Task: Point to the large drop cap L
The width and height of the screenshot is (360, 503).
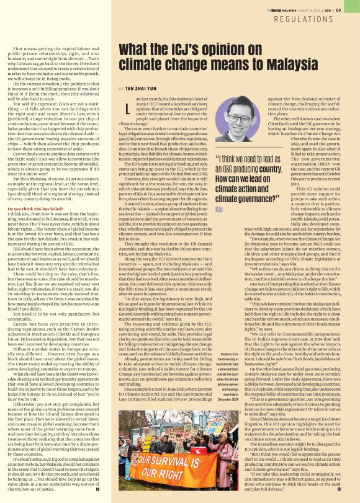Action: point(128,111)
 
